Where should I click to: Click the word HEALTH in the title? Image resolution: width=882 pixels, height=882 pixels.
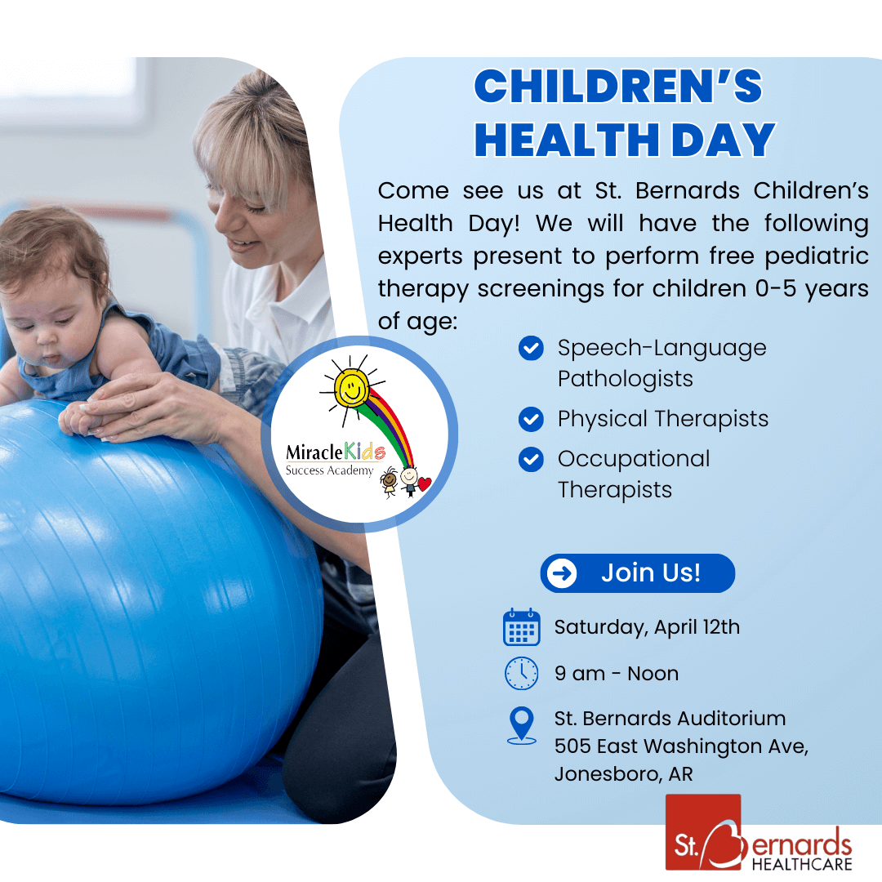pos(567,140)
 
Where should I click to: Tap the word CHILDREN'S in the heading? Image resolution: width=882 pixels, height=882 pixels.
pos(618,86)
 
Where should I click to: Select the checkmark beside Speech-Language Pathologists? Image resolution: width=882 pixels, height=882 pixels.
pos(531,348)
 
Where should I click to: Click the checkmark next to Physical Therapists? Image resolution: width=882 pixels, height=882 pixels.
pos(531,419)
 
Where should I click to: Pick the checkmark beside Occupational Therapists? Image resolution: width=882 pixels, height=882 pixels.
pos(531,460)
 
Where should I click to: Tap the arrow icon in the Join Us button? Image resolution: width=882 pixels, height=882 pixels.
pos(561,573)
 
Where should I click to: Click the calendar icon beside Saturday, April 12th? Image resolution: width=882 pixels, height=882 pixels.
pos(521,627)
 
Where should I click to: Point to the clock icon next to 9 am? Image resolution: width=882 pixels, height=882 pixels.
pos(521,673)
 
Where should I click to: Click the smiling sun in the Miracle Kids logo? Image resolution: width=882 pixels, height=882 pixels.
pos(351,388)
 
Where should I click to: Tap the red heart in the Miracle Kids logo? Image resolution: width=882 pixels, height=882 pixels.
pos(425,483)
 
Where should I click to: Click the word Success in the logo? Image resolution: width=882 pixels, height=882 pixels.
pos(305,470)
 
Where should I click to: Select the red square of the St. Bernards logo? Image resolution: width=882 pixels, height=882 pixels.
pos(702,832)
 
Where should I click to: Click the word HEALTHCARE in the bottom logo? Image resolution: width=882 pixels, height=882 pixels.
pos(802,863)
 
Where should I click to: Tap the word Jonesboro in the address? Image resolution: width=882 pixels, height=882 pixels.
pos(606,774)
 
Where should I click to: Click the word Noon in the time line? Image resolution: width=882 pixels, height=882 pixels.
pos(653,674)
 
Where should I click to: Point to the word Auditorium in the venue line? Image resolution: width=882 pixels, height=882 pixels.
pos(731,719)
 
